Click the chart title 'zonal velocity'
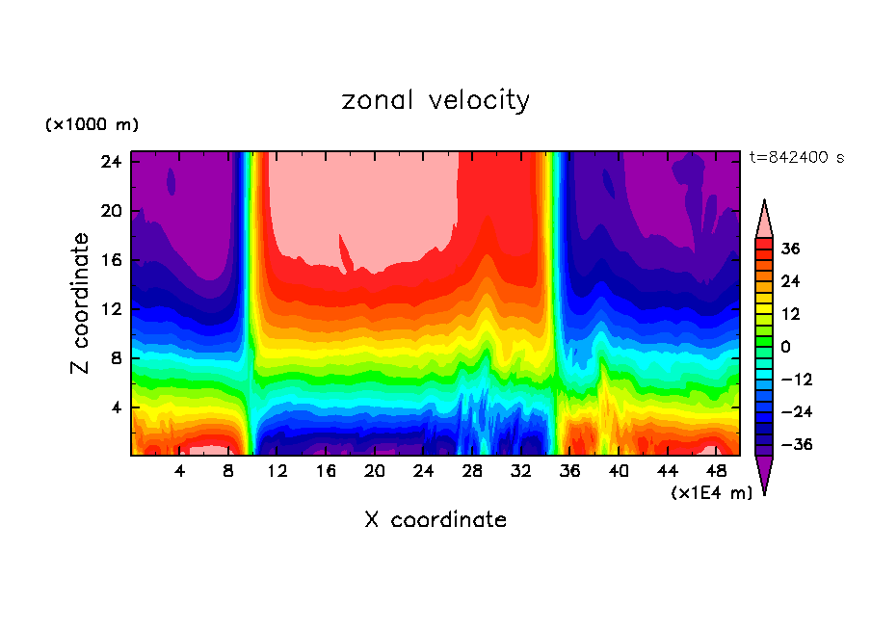(435, 100)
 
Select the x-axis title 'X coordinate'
(435, 520)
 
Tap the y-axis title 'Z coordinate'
(81, 303)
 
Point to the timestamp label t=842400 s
(796, 157)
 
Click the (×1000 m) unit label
(92, 125)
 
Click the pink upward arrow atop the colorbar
(765, 219)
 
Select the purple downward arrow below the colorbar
(765, 474)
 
